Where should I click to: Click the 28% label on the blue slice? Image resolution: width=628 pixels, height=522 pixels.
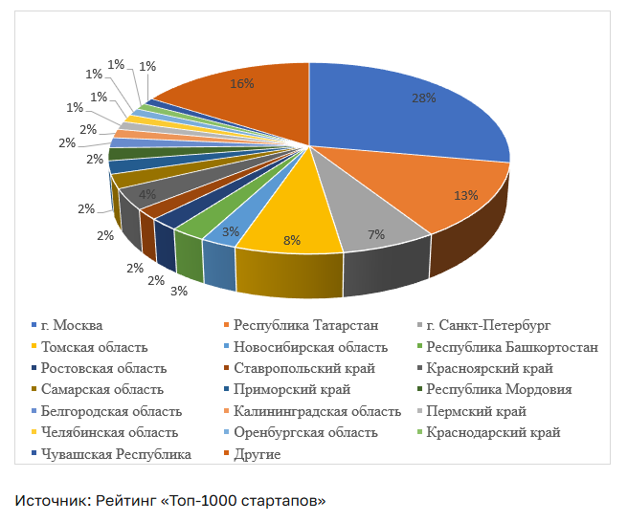coord(424,98)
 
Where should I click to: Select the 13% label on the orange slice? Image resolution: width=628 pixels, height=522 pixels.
coord(466,195)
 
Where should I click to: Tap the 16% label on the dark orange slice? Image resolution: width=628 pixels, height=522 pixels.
coord(242,83)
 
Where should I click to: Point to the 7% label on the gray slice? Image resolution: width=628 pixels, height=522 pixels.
coord(376,234)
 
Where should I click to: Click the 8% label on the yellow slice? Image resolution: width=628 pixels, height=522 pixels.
coord(292,240)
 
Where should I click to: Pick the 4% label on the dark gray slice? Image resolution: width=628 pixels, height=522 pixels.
coord(147,194)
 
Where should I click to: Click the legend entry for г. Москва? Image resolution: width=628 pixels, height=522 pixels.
coord(67,325)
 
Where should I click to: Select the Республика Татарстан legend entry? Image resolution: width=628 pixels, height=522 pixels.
coord(302,325)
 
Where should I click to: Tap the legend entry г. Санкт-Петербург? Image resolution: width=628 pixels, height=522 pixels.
coord(483,325)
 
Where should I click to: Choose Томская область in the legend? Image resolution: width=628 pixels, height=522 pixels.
coord(89,347)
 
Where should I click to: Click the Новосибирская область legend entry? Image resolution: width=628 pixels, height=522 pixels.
coord(306,347)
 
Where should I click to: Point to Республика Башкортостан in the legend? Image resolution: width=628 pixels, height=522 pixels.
coord(507,347)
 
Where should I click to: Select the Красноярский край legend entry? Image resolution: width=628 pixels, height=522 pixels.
coord(485,368)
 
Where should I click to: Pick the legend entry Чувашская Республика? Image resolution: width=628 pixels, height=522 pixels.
coord(111,454)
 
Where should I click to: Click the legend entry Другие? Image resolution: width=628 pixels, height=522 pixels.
coord(253,454)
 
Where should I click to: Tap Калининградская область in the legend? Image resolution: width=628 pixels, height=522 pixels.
coord(312,411)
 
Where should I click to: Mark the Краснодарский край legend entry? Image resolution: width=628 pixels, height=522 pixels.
coord(488,432)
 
